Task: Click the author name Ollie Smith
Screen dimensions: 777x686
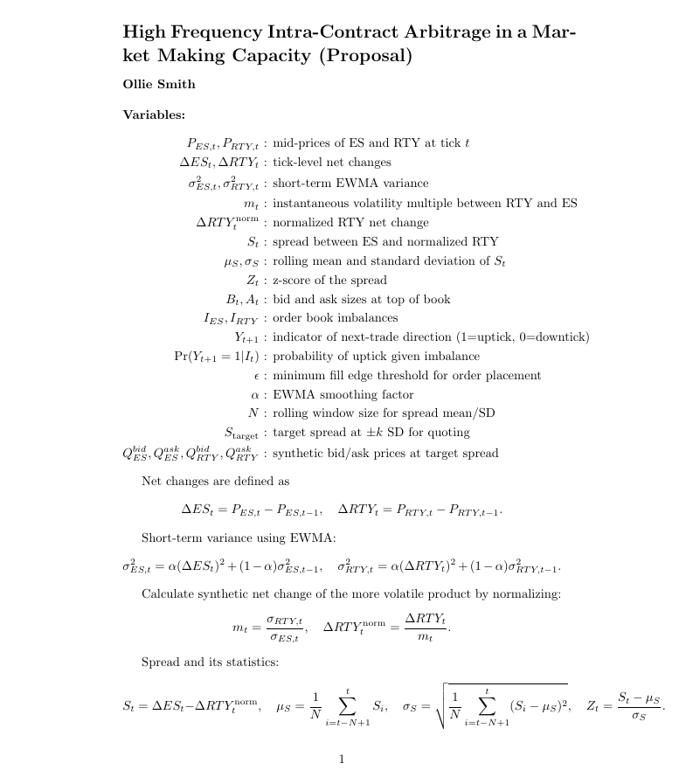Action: pyautogui.click(x=159, y=85)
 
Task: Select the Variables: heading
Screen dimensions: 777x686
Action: pyautogui.click(x=154, y=114)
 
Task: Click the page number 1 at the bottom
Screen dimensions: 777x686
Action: pyautogui.click(x=342, y=759)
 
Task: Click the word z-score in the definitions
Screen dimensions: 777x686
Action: pyautogui.click(x=294, y=281)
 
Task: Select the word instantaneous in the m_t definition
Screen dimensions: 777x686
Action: pyautogui.click(x=316, y=204)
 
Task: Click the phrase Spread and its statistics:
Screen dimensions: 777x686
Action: pyautogui.click(x=210, y=663)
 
